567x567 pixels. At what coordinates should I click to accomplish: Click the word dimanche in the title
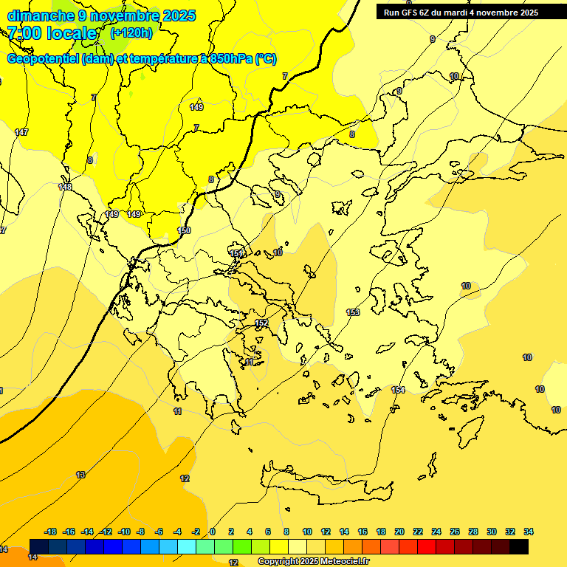41,16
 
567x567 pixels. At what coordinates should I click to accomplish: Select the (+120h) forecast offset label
131,32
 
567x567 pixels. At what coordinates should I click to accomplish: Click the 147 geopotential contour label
21,132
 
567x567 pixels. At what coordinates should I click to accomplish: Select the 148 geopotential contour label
65,187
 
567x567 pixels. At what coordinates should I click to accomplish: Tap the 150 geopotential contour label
184,231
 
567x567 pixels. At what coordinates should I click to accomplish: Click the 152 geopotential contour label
261,323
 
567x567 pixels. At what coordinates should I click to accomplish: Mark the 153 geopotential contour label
353,312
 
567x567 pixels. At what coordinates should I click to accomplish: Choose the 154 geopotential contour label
398,390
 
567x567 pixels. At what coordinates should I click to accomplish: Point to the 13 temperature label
80,475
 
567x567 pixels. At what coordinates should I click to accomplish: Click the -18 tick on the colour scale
50,532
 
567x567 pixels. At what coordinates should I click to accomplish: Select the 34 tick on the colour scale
528,532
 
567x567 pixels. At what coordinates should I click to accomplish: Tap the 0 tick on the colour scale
213,532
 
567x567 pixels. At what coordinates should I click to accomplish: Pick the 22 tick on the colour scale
418,532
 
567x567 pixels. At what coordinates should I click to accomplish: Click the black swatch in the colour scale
519,546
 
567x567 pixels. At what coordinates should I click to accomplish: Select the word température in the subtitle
164,59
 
